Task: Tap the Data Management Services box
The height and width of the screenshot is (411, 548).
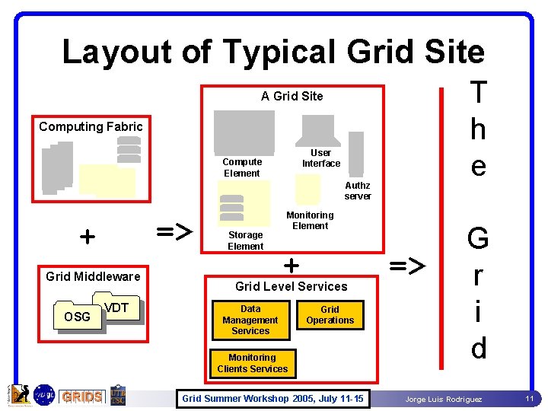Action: (250, 320)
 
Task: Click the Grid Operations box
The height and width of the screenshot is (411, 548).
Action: (330, 315)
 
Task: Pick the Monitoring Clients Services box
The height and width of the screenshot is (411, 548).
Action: (252, 363)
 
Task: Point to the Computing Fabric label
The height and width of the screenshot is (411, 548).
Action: (91, 126)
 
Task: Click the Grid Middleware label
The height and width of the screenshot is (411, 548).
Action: (93, 276)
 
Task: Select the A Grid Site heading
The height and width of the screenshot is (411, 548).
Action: (292, 96)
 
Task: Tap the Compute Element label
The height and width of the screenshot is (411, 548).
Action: (242, 167)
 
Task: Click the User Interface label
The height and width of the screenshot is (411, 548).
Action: (321, 158)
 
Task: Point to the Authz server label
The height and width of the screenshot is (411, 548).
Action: (358, 190)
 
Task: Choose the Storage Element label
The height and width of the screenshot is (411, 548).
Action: (246, 241)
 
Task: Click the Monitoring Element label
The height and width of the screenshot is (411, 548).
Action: (310, 220)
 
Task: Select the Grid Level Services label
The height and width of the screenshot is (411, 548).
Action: (291, 286)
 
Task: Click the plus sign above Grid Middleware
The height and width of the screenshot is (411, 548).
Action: (88, 237)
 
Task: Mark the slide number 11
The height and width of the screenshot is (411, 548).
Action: (529, 399)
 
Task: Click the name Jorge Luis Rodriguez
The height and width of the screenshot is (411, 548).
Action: (443, 400)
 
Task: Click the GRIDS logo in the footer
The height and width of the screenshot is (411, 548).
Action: (82, 397)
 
